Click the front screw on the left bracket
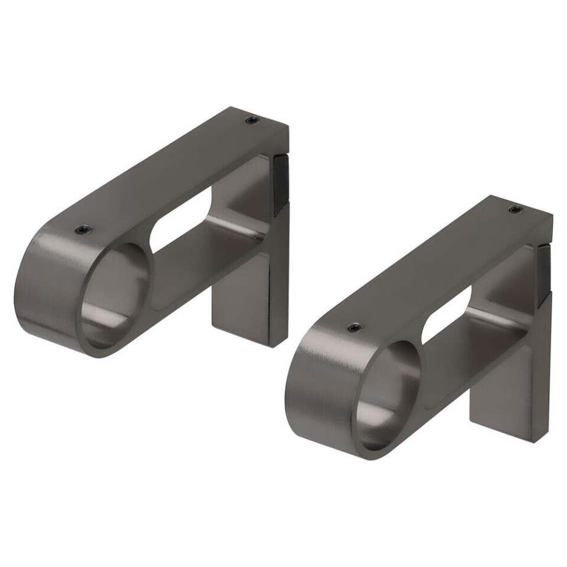[83, 229]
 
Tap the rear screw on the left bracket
[251, 120]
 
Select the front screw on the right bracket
[355, 327]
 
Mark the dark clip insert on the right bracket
[544, 271]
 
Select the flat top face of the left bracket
[173, 173]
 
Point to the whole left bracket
[154, 234]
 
